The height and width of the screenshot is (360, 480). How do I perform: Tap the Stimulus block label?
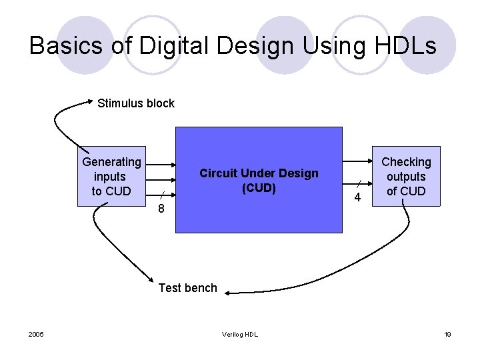pyautogui.click(x=135, y=103)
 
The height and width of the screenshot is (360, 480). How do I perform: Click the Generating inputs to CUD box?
pyautogui.click(x=111, y=176)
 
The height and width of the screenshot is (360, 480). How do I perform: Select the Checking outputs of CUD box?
pyautogui.click(x=406, y=176)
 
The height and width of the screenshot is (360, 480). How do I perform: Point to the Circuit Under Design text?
pyautogui.click(x=259, y=174)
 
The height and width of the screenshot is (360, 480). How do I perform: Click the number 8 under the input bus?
pyautogui.click(x=161, y=209)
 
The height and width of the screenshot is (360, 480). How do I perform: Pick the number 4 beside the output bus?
pyautogui.click(x=358, y=198)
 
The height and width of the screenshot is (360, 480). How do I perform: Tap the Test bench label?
pyautogui.click(x=187, y=288)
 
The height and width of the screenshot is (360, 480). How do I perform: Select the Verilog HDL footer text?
pyautogui.click(x=240, y=334)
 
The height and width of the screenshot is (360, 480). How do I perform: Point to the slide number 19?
pyautogui.click(x=447, y=334)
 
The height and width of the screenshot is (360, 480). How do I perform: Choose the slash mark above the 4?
pyautogui.click(x=358, y=183)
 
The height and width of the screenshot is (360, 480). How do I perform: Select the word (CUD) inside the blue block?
pyautogui.click(x=259, y=188)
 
